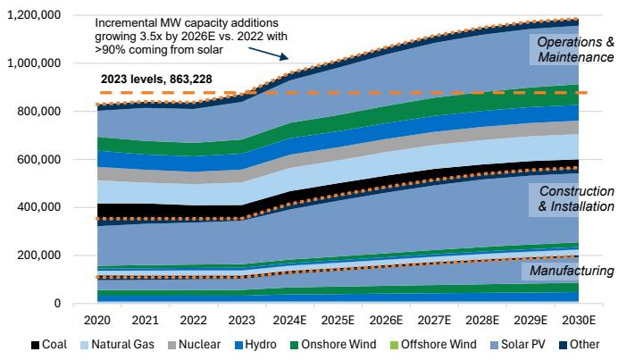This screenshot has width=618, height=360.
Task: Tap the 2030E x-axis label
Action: point(577,319)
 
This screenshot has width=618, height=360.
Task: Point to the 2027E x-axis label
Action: point(437,319)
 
